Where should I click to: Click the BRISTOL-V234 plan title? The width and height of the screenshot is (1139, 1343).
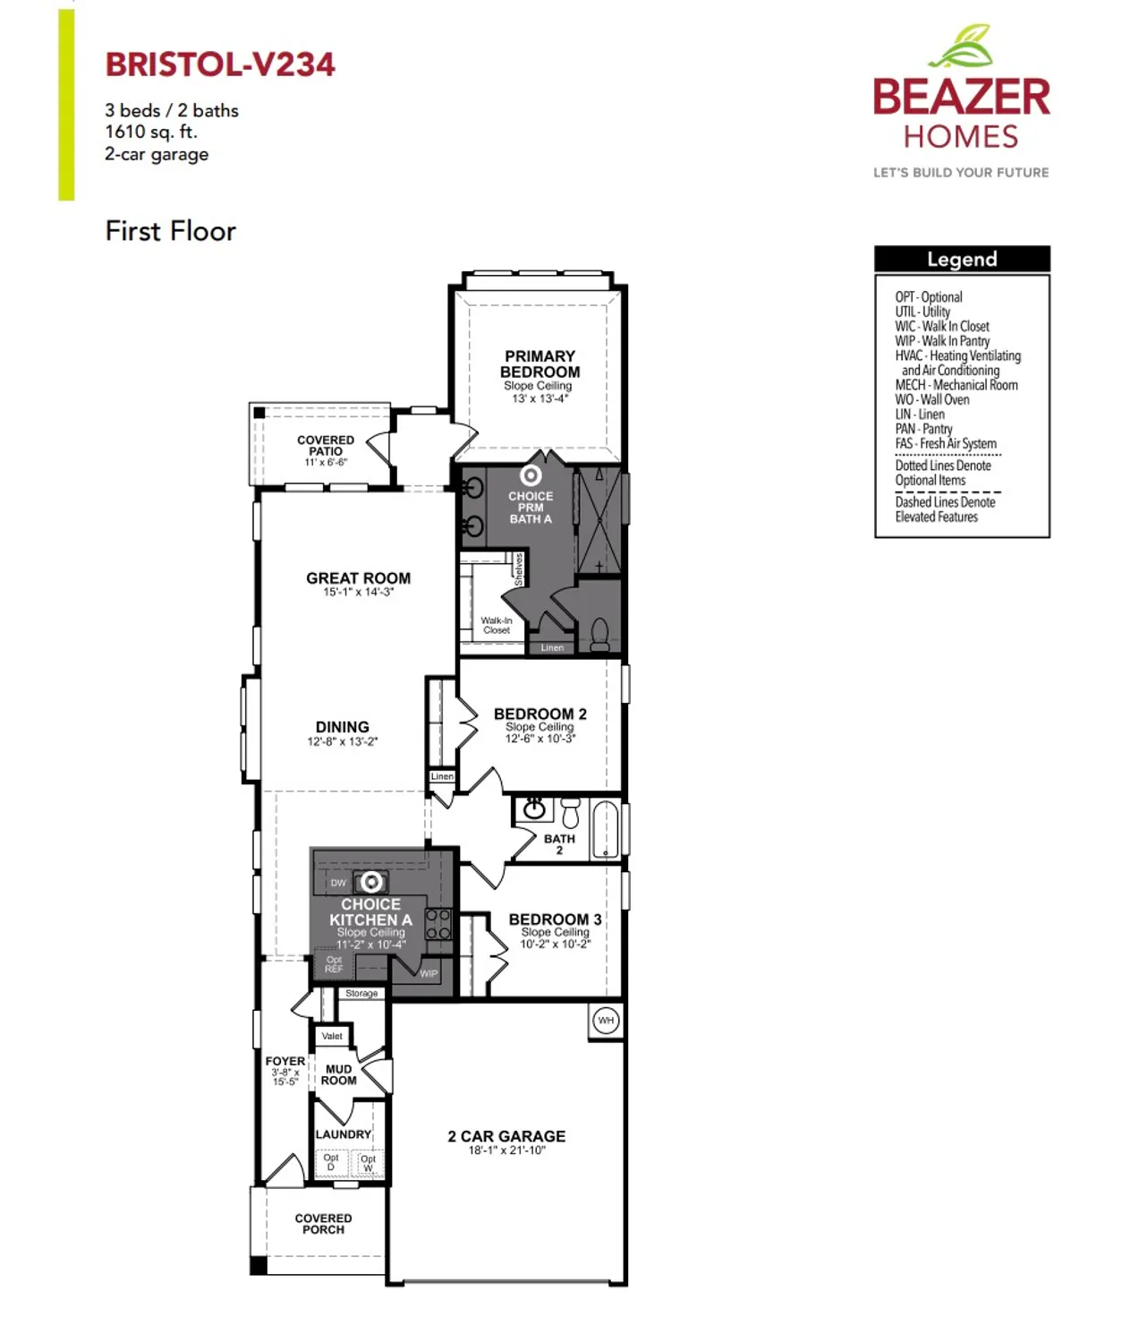(x=220, y=64)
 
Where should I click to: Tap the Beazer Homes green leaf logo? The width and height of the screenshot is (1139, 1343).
(x=963, y=47)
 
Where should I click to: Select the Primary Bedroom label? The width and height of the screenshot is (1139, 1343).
(x=540, y=364)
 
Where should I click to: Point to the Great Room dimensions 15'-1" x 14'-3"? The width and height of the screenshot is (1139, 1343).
(x=358, y=592)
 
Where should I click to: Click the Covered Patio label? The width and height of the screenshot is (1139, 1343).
(x=326, y=446)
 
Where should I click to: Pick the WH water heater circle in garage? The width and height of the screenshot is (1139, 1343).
(x=607, y=1021)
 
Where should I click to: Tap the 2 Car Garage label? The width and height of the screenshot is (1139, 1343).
(x=506, y=1136)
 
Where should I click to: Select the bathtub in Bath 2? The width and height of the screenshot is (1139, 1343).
(x=606, y=829)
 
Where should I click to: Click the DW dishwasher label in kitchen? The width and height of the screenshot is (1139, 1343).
(x=338, y=883)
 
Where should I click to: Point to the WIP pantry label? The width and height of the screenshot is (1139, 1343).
(x=429, y=973)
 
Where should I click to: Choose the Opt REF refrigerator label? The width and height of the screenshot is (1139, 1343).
(x=334, y=964)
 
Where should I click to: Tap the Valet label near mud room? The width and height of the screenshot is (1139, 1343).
(x=332, y=1036)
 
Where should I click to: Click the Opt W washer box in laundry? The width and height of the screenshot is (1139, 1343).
(x=368, y=1163)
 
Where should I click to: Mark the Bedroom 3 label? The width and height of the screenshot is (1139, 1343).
(x=555, y=920)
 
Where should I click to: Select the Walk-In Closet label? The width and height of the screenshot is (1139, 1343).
(x=497, y=625)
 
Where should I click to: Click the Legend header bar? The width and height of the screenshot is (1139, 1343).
(x=962, y=260)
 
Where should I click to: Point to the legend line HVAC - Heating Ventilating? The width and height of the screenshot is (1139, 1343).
(x=957, y=355)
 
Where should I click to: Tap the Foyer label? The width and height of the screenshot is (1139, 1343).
(x=285, y=1061)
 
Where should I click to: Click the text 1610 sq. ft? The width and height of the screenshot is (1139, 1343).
(x=151, y=132)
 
